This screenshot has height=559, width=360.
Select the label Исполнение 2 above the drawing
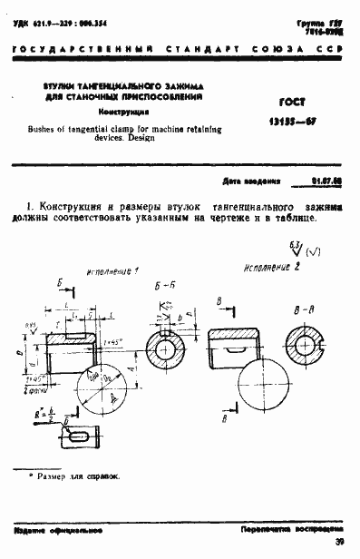(271, 269)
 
